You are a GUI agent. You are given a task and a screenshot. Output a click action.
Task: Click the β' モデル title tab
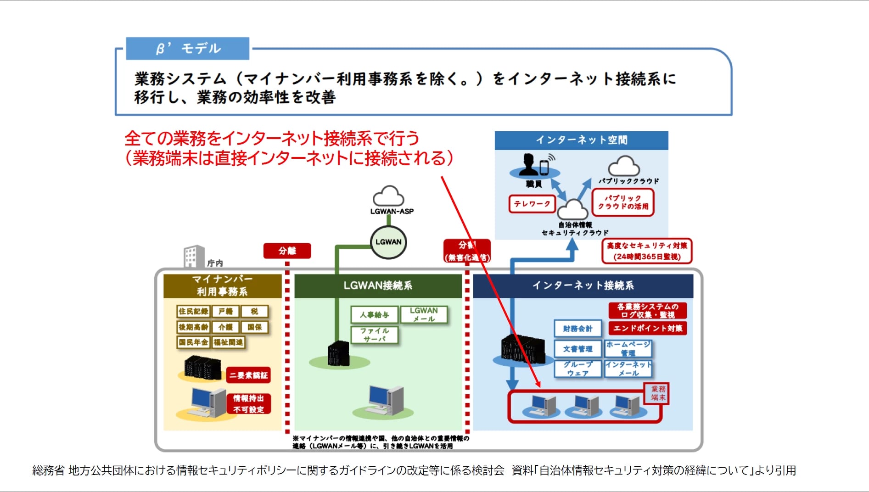pos(188,48)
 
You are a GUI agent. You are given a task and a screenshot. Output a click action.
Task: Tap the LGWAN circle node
pos(388,242)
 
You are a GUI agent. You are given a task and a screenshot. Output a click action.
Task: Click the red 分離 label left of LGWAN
pos(287,251)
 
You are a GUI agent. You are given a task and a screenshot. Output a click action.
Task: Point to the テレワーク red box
pos(532,204)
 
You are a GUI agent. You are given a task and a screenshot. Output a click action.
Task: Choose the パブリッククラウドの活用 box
pos(623,202)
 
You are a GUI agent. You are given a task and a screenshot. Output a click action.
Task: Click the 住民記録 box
pos(193,311)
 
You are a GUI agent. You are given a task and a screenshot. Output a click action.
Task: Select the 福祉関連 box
pos(228,342)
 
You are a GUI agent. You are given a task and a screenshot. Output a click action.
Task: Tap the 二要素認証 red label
pos(248,375)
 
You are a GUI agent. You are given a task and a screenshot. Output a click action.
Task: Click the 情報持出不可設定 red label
pos(248,403)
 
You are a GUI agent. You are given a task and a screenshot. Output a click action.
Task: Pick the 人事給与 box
pos(374,315)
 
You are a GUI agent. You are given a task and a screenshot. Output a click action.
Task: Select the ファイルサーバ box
pos(374,335)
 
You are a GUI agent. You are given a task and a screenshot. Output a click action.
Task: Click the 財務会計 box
pos(577,329)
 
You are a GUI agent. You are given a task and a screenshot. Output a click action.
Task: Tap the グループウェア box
pos(577,369)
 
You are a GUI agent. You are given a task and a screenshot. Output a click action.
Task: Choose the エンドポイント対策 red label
pos(647,328)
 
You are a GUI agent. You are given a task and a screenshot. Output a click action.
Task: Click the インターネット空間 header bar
pos(581,140)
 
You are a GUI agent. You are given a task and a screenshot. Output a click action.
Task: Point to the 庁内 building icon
pos(194,256)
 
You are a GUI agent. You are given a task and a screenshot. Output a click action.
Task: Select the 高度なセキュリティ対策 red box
pos(647,251)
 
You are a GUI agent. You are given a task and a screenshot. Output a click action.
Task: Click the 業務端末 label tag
pos(658,393)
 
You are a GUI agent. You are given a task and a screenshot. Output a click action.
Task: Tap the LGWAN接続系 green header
pos(378,285)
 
